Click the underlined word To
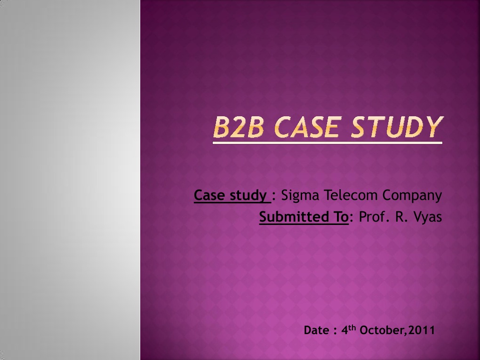(339, 217)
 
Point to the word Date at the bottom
(316, 330)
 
